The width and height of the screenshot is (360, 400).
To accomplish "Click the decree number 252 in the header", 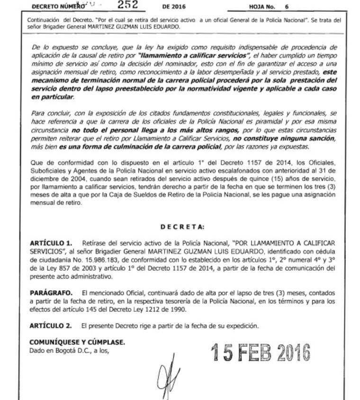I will pyautogui.click(x=128, y=6).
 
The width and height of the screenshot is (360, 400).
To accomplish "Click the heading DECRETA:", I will pyautogui.click(x=182, y=227).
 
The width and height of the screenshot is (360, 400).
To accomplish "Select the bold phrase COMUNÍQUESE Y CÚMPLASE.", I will pyautogui.click(x=78, y=342).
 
